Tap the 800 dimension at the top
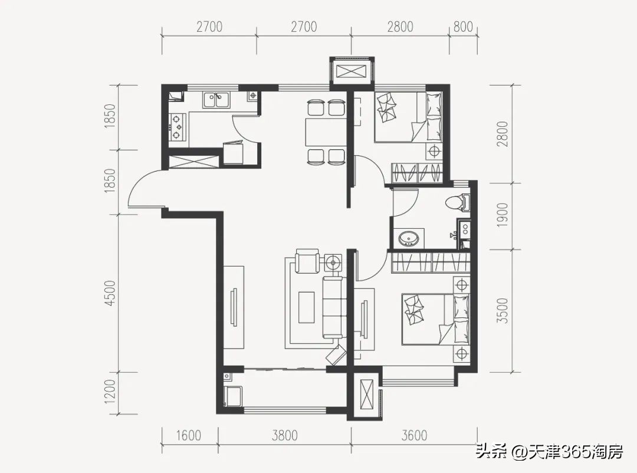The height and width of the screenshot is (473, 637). (x=463, y=27)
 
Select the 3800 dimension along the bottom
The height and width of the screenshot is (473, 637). (x=285, y=436)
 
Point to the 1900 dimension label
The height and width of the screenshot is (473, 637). (x=503, y=215)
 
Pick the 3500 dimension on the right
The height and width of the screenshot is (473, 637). (x=503, y=311)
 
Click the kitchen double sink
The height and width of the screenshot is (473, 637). (x=216, y=100)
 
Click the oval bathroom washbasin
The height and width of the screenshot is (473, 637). (x=408, y=238)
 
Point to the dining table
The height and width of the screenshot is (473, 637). (x=326, y=132)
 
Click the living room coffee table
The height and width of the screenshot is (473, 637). (x=307, y=308)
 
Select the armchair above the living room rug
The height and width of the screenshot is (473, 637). (x=307, y=261)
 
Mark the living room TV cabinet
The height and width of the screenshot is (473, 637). (x=234, y=307)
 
